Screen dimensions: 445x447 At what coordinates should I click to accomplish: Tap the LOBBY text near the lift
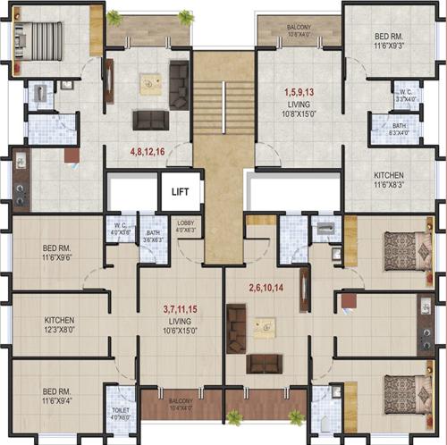(185, 222)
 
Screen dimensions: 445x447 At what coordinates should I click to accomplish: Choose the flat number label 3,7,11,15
(181, 308)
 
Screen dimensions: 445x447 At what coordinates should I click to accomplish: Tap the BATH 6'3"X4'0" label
(404, 130)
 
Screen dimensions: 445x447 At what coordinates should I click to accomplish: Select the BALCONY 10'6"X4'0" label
(299, 31)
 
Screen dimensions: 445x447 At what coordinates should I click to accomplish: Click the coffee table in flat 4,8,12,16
(150, 84)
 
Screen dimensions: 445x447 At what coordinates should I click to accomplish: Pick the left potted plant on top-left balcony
(114, 17)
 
